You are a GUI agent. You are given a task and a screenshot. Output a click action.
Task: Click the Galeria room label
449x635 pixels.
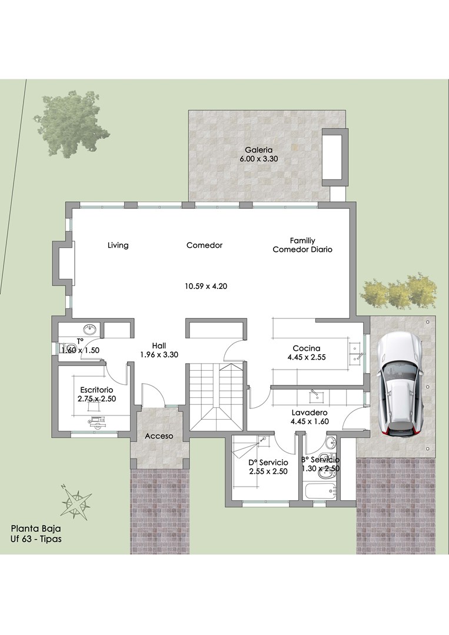[259, 150]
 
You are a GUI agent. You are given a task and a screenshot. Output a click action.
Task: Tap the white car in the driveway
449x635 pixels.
[400, 384]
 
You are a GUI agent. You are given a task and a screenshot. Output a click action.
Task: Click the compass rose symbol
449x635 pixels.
[76, 501]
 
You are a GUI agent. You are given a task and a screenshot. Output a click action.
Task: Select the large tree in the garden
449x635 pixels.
[72, 123]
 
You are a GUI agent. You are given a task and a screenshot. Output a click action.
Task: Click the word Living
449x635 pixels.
[118, 245]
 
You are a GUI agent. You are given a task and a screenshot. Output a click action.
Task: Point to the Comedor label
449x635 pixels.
[204, 245]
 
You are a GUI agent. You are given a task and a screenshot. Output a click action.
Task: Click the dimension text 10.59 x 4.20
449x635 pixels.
[206, 287]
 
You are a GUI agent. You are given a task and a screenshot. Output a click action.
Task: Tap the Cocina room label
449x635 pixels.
[307, 348]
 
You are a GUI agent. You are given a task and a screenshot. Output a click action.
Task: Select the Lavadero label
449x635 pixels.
[310, 413]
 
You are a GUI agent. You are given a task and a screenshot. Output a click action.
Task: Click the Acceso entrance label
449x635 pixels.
[159, 436]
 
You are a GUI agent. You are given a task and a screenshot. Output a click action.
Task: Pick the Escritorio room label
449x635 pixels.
[97, 390]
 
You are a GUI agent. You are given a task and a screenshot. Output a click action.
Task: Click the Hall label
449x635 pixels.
[159, 346]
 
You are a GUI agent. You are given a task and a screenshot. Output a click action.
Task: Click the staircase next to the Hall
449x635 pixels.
[217, 397]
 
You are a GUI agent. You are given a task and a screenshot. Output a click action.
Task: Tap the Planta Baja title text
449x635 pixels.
[36, 528]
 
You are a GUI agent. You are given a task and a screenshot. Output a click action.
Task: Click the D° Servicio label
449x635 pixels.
[268, 463]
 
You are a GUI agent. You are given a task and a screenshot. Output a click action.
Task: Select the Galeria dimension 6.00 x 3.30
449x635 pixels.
[259, 159]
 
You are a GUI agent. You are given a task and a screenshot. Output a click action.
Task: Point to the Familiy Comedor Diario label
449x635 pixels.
[302, 245]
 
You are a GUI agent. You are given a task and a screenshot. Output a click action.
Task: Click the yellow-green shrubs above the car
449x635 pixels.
[399, 291]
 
